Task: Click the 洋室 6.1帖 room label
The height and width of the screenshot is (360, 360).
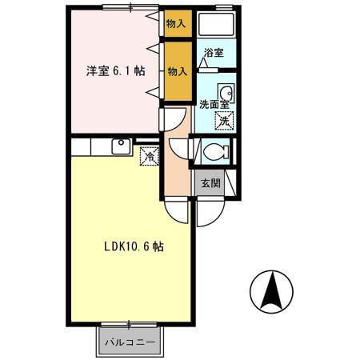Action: [116, 71]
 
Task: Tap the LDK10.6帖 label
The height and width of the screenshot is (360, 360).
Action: [134, 247]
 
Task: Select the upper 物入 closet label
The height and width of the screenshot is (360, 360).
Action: [176, 24]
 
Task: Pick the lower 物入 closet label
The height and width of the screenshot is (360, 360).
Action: [177, 71]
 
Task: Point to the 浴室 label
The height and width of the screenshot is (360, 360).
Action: [213, 54]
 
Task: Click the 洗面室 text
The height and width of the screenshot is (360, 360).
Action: [214, 103]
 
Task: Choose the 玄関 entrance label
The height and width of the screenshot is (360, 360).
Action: [210, 183]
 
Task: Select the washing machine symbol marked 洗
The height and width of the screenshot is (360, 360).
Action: [225, 121]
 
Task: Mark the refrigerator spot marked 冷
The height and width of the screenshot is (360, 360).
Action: [148, 155]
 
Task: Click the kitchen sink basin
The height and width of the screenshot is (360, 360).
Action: [120, 146]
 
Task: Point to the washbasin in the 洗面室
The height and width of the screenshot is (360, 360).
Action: [225, 90]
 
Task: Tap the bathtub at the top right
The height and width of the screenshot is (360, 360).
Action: [216, 25]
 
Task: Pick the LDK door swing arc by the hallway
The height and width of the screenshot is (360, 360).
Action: [178, 210]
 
